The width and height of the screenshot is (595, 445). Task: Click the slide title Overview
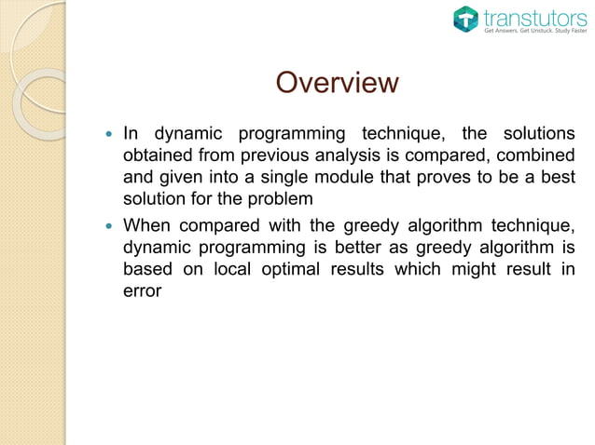point(337,84)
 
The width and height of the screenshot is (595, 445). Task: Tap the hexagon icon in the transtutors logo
point(466,19)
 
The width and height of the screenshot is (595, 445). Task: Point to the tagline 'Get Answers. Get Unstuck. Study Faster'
point(534,31)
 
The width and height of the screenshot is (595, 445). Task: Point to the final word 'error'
point(143,291)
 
